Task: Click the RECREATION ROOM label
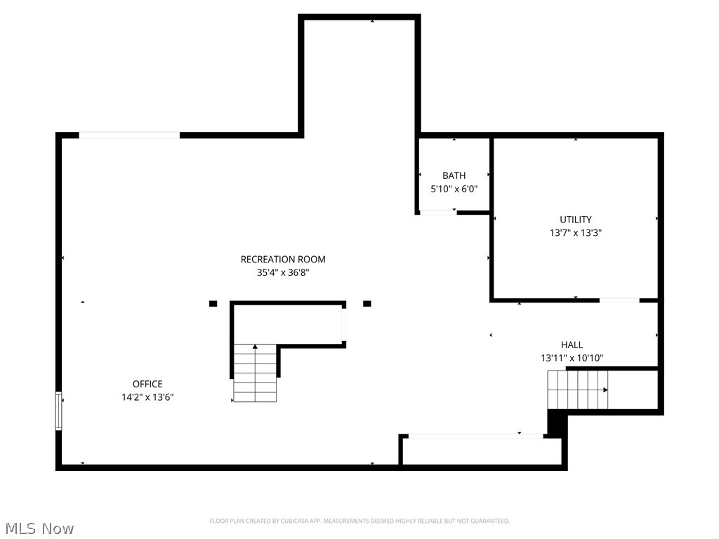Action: pyautogui.click(x=283, y=260)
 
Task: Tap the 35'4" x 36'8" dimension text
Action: pyautogui.click(x=283, y=273)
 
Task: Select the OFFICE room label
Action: pyautogui.click(x=147, y=384)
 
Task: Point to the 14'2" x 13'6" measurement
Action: pyautogui.click(x=147, y=397)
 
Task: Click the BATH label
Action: pyautogui.click(x=454, y=175)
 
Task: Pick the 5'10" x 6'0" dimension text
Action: pyautogui.click(x=454, y=189)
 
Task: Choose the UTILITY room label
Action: pyautogui.click(x=576, y=220)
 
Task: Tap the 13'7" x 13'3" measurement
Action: pyautogui.click(x=576, y=233)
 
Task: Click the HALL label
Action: pyautogui.click(x=572, y=345)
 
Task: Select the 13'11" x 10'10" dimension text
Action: pyautogui.click(x=572, y=358)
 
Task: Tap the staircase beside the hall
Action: pyautogui.click(x=578, y=390)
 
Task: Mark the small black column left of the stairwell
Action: pyautogui.click(x=213, y=303)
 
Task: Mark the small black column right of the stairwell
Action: pyautogui.click(x=367, y=303)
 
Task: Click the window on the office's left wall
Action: pyautogui.click(x=59, y=409)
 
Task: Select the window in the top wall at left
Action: pyautogui.click(x=129, y=135)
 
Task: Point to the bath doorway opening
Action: pyautogui.click(x=437, y=212)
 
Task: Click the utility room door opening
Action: pyautogui.click(x=619, y=300)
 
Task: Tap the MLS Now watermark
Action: pyautogui.click(x=39, y=528)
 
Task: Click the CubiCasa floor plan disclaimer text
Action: pyautogui.click(x=359, y=521)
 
